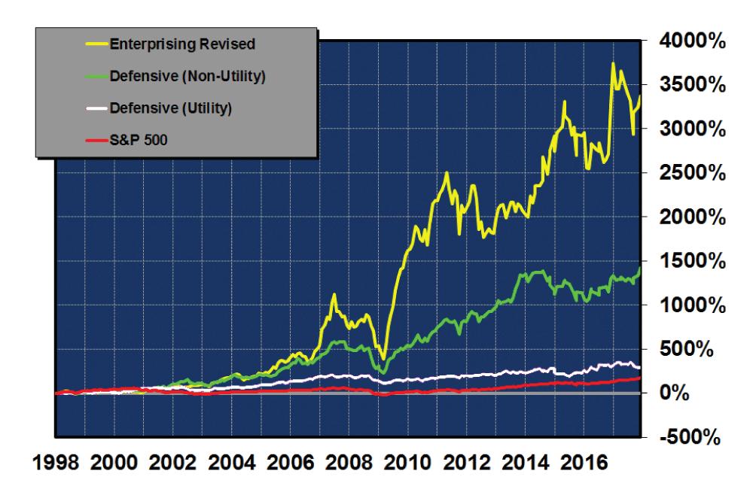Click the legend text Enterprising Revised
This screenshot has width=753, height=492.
click(x=182, y=43)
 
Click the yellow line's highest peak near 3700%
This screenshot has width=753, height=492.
click(x=614, y=64)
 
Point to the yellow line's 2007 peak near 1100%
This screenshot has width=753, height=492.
click(x=334, y=295)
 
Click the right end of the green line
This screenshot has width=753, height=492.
click(x=640, y=269)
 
